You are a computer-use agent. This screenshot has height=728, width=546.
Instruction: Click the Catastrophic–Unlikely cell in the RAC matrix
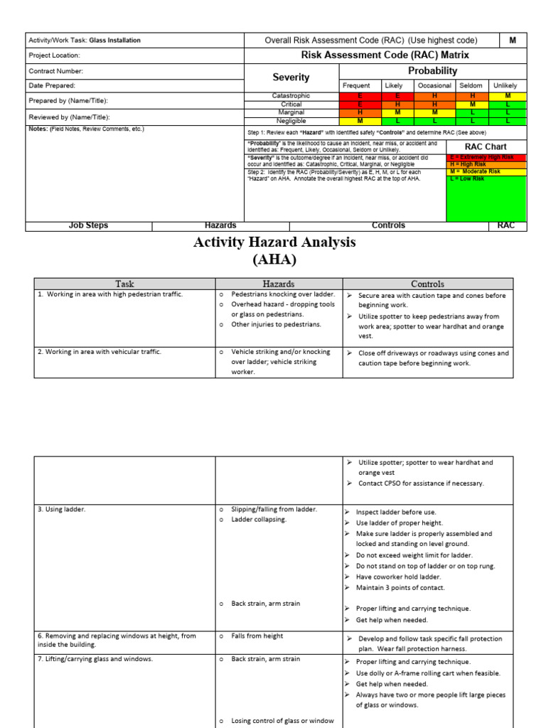(x=508, y=95)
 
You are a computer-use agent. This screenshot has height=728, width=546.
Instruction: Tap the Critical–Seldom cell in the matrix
(x=472, y=104)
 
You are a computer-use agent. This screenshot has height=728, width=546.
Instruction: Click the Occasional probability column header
(x=434, y=85)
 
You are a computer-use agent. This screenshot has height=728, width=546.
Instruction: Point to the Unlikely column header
(x=505, y=85)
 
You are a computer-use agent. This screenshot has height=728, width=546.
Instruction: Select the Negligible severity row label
(x=291, y=121)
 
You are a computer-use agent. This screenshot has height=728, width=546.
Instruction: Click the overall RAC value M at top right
(x=512, y=41)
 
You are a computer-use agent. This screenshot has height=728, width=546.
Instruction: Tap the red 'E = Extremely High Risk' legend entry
(x=486, y=157)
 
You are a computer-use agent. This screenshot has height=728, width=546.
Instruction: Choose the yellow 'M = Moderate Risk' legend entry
(x=486, y=171)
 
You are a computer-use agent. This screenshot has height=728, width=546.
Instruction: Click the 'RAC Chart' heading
(x=486, y=146)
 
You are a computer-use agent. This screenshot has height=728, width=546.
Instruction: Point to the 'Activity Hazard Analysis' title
(x=274, y=242)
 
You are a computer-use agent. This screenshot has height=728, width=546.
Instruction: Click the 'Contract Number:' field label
(x=56, y=71)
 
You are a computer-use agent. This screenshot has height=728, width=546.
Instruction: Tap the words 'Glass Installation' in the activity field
(x=114, y=41)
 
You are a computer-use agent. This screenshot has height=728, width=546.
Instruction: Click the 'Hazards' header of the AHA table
(x=278, y=284)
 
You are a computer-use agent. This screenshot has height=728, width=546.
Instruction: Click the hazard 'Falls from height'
(x=257, y=636)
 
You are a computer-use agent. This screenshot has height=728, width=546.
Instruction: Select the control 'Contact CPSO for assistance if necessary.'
(x=421, y=483)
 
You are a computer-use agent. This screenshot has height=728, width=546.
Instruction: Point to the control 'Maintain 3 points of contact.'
(x=400, y=587)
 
